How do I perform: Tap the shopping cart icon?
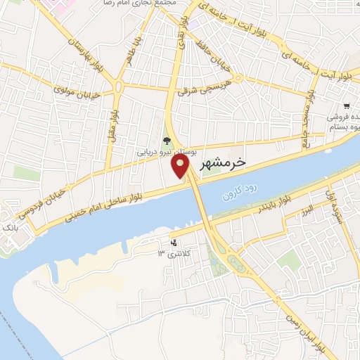point(347,105)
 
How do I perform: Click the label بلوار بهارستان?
point(82,54)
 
